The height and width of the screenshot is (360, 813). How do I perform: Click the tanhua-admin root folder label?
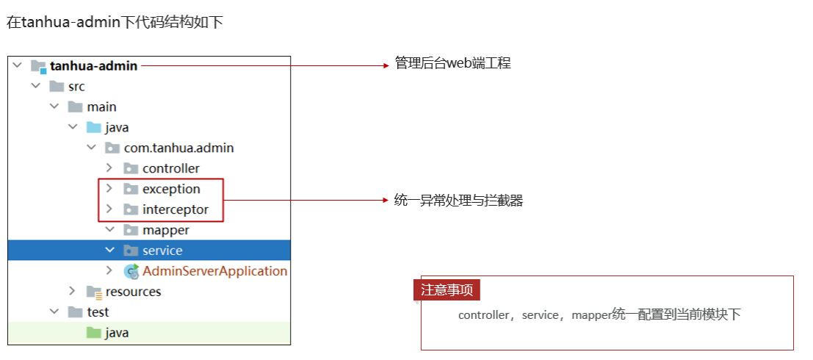[94, 66]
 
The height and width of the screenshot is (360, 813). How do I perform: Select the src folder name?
[76, 86]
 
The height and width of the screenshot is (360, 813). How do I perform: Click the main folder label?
[101, 107]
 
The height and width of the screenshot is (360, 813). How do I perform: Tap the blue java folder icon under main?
[94, 127]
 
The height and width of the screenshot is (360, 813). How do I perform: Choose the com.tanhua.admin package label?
[179, 148]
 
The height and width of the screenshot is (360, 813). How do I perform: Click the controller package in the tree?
[171, 168]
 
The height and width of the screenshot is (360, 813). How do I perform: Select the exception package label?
[172, 189]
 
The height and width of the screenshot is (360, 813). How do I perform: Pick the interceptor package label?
[176, 209]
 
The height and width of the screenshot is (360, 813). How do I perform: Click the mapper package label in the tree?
[166, 230]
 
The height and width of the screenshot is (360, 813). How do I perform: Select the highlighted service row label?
[163, 251]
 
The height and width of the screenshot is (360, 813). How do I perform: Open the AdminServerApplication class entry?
[215, 271]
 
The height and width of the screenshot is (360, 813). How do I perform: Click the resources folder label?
[133, 292]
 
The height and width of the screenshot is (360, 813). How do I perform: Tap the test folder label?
[98, 312]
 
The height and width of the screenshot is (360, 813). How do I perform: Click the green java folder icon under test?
[94, 333]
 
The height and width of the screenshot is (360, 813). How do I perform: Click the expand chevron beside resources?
[72, 291]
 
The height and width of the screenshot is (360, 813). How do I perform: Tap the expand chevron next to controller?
[109, 168]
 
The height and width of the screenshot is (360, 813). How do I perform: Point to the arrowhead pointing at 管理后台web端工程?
[386, 65]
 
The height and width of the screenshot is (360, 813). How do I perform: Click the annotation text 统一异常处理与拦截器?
[459, 201]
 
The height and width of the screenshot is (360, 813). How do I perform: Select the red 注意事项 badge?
[447, 290]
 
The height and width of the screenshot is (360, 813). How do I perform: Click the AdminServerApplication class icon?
[131, 271]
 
